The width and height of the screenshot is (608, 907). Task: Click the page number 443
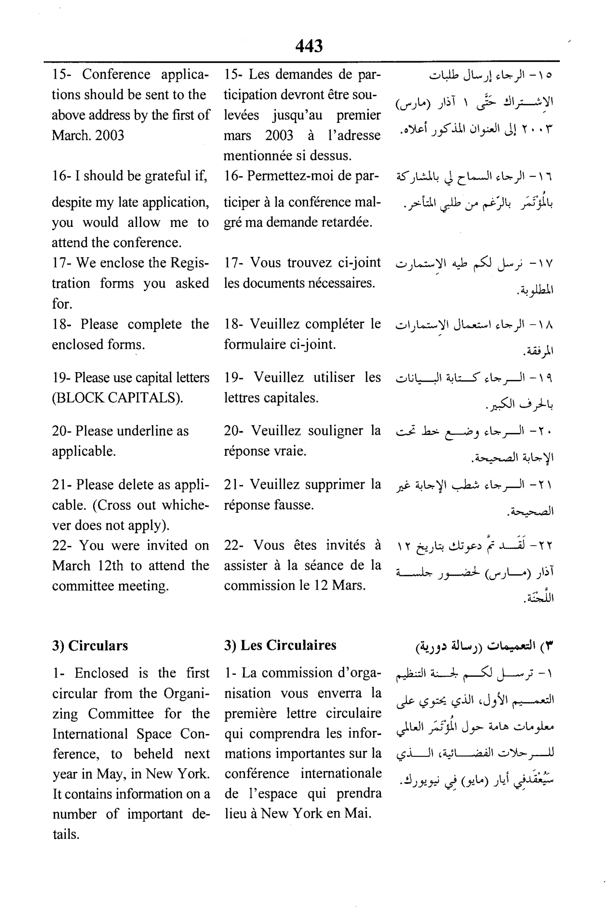[309, 46]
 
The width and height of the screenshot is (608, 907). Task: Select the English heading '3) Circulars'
[90, 645]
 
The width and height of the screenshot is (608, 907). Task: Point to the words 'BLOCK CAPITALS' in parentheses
[116, 398]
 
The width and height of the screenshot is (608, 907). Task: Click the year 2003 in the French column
[279, 136]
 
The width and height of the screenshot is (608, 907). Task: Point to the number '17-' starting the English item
[62, 263]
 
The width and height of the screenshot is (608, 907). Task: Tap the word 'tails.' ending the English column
[66, 834]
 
